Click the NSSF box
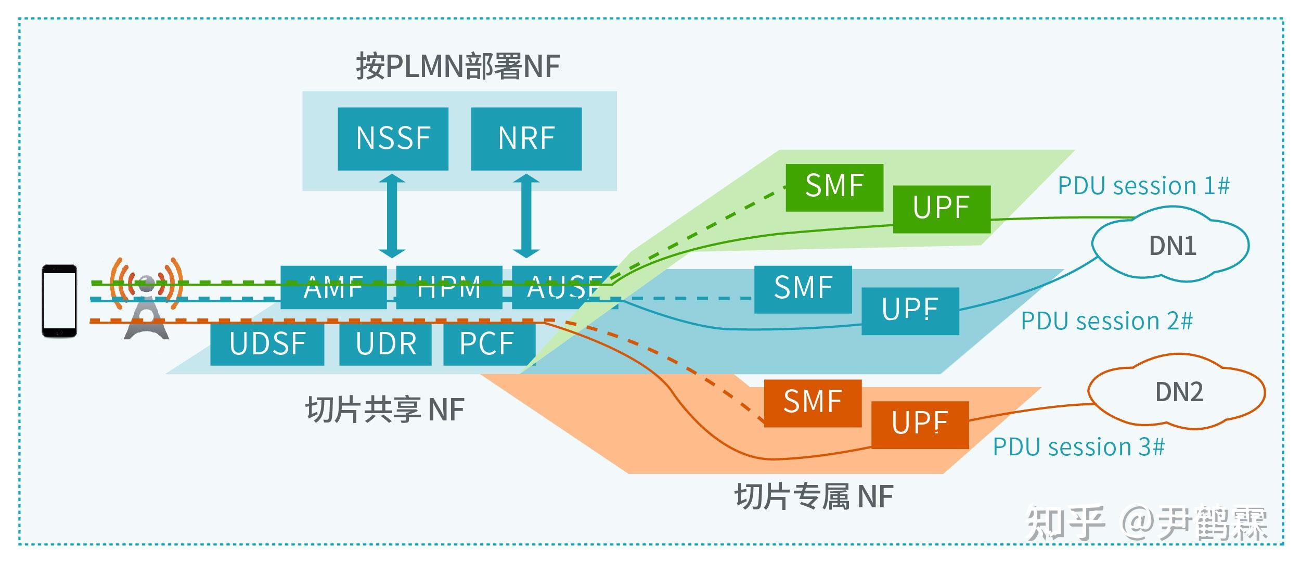pos(393,138)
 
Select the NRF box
pos(526,138)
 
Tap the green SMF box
pos(834,187)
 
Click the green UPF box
pos(941,209)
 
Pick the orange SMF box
pos(813,403)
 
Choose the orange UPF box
pos(919,424)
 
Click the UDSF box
pos(267,344)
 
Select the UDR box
pos(385,344)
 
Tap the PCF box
pos(488,344)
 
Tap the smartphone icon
pos(59,301)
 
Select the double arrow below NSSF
pos(392,216)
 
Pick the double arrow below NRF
pos(526,216)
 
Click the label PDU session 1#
pos(1143,186)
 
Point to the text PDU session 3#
pos(1078,447)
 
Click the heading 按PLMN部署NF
pos(457,67)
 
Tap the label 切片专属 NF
pos(814,496)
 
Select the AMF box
pos(333,288)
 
